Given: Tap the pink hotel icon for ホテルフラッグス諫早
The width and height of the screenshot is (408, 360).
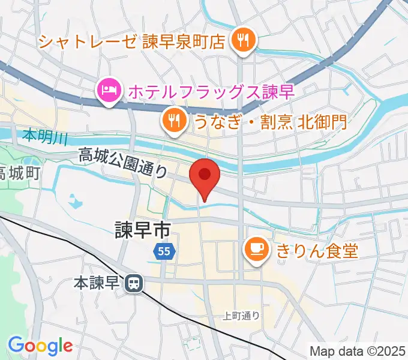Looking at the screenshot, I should click(107, 91).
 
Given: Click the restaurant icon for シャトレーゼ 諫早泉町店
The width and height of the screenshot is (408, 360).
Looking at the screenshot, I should click(244, 41).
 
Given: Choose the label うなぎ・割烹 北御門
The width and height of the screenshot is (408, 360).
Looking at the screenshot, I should click(270, 122).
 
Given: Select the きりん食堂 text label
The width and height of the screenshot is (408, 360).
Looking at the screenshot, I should click(317, 249).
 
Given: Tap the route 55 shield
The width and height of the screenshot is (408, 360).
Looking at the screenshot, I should click(164, 251).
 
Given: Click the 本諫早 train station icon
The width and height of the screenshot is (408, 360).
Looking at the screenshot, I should click(133, 281).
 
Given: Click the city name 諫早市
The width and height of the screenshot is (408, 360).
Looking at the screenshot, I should click(143, 228).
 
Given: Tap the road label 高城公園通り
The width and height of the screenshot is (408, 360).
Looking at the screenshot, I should click(123, 163).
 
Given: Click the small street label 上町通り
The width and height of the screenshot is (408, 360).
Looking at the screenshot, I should click(241, 316).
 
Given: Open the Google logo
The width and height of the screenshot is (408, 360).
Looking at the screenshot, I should click(40, 346).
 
